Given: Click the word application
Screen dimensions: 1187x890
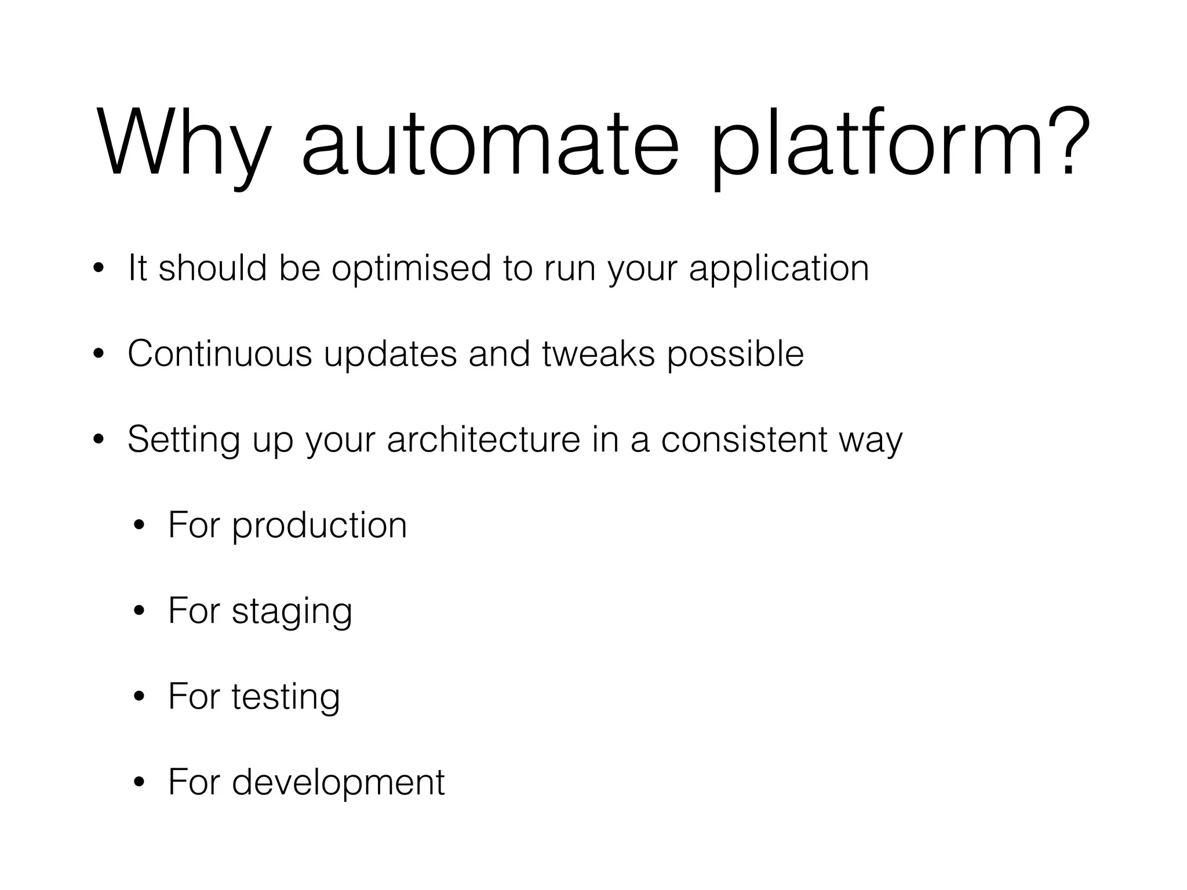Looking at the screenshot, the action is [x=779, y=269].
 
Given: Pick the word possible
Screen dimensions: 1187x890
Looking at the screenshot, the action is [x=735, y=355].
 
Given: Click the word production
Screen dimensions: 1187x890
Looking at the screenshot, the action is [x=319, y=526].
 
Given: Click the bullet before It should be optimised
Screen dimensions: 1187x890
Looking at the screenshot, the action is [x=99, y=269].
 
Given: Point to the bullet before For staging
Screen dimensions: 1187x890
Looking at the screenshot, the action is [x=139, y=612].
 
